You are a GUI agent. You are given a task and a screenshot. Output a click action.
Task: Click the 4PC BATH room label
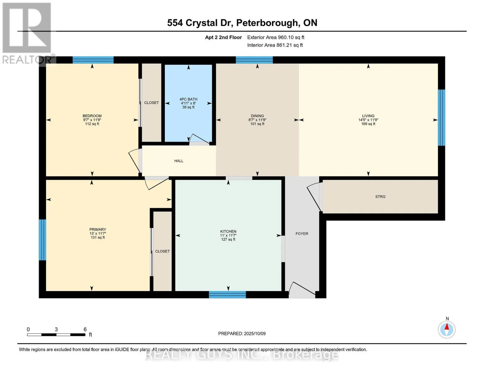point(188,99)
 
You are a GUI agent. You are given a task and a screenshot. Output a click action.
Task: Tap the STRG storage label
point(380,197)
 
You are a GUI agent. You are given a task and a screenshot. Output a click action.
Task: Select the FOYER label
point(302,233)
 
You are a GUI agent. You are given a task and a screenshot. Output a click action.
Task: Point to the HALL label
point(179,161)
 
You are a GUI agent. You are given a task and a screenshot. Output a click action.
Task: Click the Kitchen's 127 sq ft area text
point(228,239)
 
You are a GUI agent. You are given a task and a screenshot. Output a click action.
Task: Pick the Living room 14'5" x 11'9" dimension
point(368,120)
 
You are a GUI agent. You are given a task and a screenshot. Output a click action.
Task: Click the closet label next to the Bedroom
point(151,103)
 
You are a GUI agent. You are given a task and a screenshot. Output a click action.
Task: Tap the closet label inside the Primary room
point(162,251)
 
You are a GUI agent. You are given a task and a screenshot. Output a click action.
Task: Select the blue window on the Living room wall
point(441,117)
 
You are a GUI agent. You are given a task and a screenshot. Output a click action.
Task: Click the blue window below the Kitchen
point(227,295)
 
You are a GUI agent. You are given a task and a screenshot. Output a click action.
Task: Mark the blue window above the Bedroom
point(93,60)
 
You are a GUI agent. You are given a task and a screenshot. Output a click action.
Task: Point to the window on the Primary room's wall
point(42,240)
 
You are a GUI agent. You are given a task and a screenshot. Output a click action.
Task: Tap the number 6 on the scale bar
point(85,329)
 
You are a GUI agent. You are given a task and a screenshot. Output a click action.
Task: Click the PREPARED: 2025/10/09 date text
point(242,333)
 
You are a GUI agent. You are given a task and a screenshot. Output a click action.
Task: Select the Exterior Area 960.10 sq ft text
point(276,37)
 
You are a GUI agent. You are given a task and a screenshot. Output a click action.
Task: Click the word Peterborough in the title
point(266,23)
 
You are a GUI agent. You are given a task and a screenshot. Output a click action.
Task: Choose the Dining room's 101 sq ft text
point(257,124)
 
